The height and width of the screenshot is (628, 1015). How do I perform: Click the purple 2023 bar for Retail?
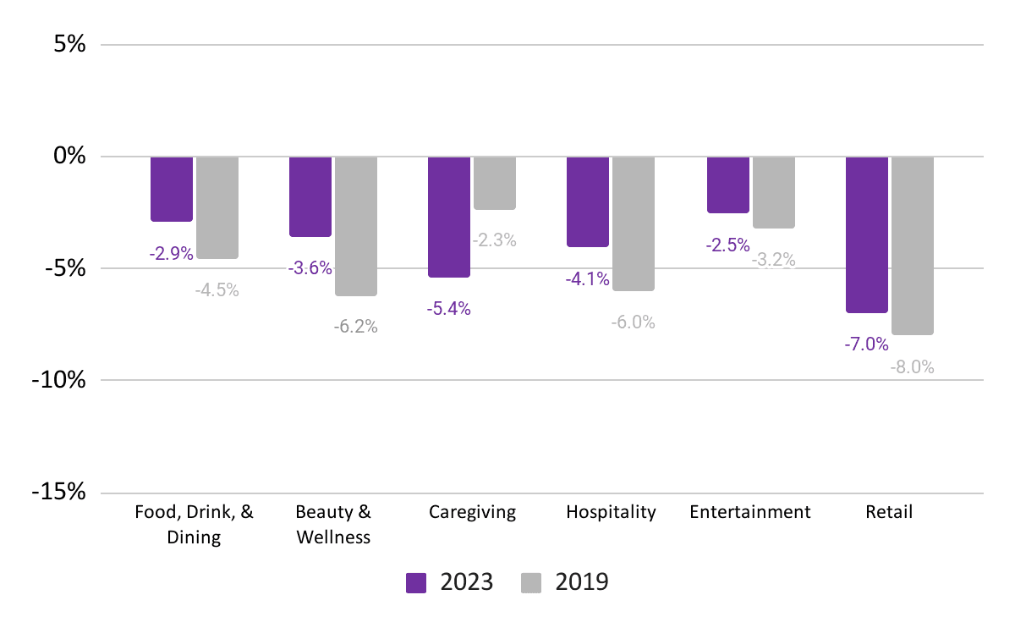866,235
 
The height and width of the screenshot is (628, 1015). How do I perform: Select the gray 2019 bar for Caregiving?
494,183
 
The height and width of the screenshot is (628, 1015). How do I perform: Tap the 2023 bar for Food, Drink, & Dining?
171,189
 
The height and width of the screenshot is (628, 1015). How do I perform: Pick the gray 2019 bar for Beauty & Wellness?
356,226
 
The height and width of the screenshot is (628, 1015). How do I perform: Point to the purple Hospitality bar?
588,201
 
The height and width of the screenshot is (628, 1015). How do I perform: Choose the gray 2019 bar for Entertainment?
773,192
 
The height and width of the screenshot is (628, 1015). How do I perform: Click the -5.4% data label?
448,309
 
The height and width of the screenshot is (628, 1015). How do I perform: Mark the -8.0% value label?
912,366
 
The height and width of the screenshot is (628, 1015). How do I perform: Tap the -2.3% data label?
494,240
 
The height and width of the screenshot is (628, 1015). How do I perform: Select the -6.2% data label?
356,327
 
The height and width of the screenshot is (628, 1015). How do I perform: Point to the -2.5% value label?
727,245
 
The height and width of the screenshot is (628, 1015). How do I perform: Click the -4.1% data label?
587,278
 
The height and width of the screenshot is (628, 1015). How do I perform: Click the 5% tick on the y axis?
69,44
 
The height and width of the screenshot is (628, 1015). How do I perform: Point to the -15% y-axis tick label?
58,491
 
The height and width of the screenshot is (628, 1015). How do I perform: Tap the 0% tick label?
69,156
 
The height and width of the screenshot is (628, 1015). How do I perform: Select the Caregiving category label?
472,512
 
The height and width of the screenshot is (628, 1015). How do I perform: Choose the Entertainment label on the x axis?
750,512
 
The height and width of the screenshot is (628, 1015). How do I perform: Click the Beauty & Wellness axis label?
333,525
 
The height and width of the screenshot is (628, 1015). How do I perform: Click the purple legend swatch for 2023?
416,582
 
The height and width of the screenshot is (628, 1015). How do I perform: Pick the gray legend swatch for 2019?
531,582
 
